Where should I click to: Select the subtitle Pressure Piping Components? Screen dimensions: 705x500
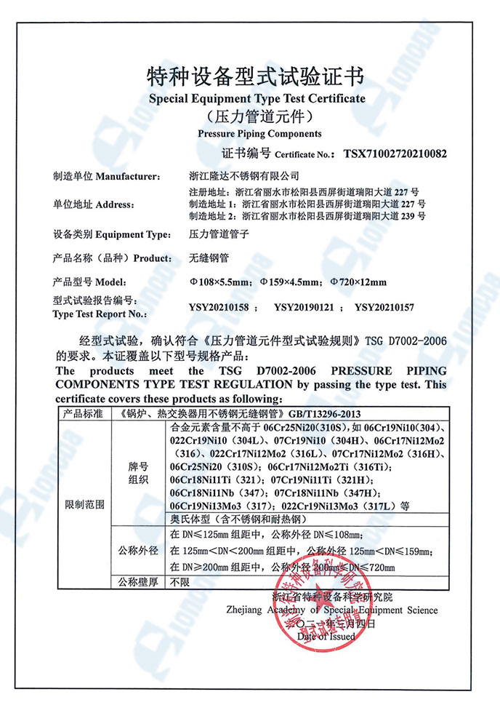(x=259, y=134)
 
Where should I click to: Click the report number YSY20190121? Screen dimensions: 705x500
(x=304, y=308)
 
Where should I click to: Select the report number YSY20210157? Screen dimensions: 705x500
(x=384, y=308)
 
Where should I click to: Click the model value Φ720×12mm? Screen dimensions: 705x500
(x=358, y=282)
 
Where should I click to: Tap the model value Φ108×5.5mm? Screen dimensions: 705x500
(x=219, y=282)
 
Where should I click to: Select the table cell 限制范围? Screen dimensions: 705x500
(x=84, y=503)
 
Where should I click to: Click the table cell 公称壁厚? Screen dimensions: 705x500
(x=138, y=583)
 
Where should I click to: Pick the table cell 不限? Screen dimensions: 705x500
(x=179, y=583)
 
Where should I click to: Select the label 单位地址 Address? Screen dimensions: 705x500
(x=94, y=204)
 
